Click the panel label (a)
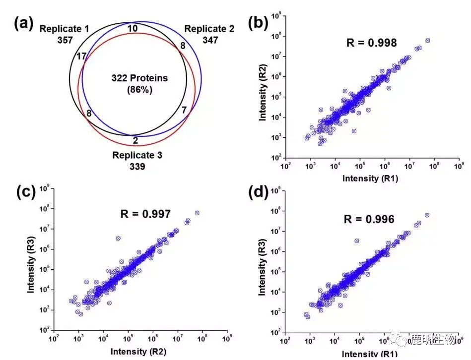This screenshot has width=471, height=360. click(x=24, y=23)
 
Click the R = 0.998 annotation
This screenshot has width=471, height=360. click(x=371, y=43)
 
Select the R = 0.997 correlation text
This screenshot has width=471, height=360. click(x=146, y=214)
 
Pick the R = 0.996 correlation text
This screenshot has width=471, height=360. click(x=370, y=219)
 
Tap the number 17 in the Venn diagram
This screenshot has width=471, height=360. click(x=82, y=56)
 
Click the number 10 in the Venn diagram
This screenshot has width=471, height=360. click(x=133, y=28)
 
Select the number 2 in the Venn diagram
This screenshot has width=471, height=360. click(x=135, y=140)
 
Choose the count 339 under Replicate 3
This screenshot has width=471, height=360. click(x=137, y=167)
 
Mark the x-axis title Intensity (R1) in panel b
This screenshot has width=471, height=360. click(x=370, y=178)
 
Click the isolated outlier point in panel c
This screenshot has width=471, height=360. click(x=118, y=239)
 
